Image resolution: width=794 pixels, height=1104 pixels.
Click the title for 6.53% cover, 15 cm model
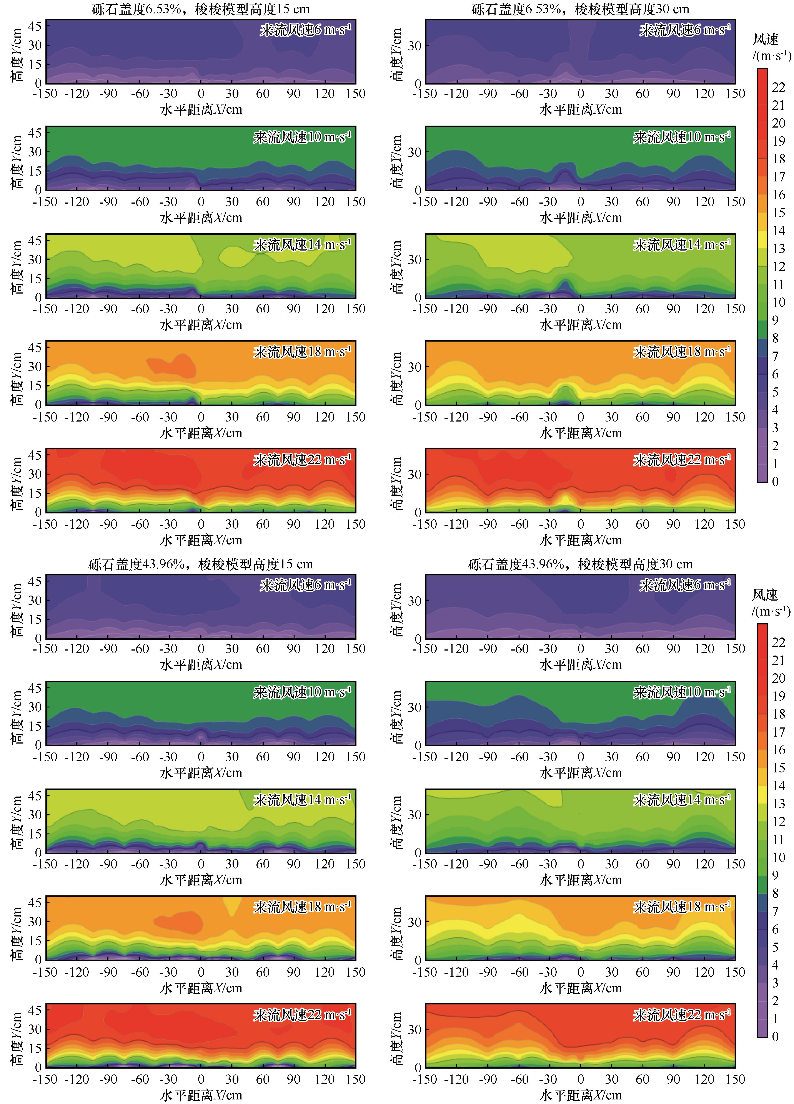(x=201, y=9)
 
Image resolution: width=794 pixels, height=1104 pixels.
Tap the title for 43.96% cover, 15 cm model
(x=201, y=564)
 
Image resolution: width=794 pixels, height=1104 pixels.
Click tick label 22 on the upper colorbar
(x=778, y=87)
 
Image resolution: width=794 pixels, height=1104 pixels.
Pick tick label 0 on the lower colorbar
(x=776, y=1036)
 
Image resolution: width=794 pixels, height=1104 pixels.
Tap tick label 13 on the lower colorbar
(x=778, y=804)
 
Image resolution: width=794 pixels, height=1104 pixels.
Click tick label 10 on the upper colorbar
(x=778, y=302)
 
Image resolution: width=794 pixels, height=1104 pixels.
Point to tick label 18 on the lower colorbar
(x=778, y=714)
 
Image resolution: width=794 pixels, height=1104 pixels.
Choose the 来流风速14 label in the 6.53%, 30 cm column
(x=682, y=245)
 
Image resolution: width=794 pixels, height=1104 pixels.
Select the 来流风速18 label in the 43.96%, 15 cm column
(x=302, y=907)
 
